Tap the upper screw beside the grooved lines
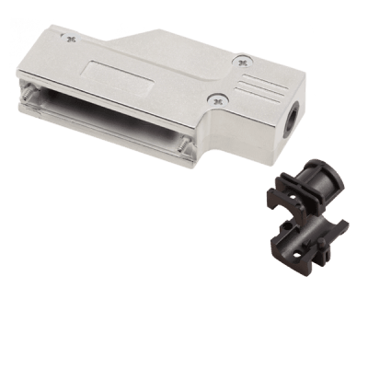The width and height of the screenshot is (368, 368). click(243, 63)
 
